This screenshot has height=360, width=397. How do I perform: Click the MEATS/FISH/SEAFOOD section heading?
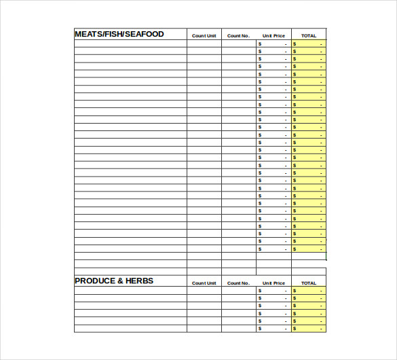[119, 34]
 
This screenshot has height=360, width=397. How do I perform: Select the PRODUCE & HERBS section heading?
[114, 281]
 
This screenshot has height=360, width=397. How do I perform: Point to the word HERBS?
[140, 281]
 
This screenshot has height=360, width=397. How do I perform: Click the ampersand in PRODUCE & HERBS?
[119, 281]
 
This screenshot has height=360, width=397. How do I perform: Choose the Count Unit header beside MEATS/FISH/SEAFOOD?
[204, 35]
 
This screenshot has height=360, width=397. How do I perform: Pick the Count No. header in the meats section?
[238, 35]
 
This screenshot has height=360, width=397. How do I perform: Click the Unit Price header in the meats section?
[273, 35]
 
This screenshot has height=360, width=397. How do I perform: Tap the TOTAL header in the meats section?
[309, 35]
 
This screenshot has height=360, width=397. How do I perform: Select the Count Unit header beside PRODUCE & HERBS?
[204, 283]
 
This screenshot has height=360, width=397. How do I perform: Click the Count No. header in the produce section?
[238, 283]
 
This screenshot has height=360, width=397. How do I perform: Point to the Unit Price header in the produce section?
[273, 283]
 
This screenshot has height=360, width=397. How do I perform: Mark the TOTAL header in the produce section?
[309, 283]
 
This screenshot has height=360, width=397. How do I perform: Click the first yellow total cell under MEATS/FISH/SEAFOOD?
[309, 43]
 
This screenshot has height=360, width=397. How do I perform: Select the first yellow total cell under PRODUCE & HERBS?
[309, 291]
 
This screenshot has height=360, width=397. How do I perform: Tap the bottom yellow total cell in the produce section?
[309, 329]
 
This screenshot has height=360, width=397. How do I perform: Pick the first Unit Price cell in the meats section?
[273, 43]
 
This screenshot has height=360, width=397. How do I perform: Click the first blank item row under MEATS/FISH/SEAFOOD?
[130, 43]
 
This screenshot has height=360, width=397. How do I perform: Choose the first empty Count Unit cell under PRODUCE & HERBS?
[204, 291]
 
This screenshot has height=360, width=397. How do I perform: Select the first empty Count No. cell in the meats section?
[238, 43]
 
